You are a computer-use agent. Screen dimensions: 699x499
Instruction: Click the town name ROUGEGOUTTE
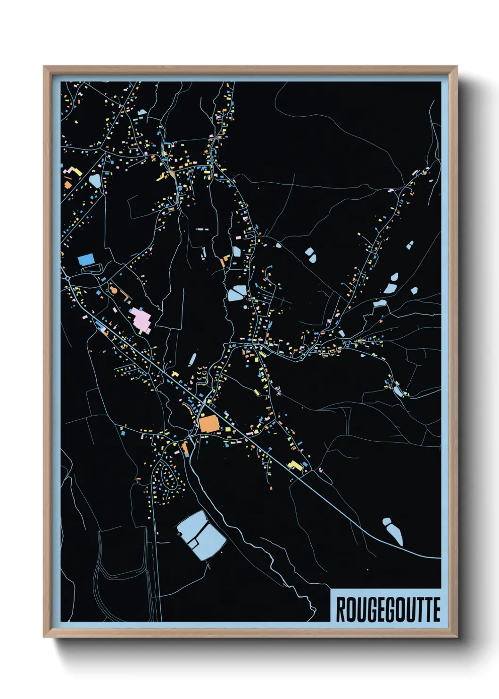coord(388,610)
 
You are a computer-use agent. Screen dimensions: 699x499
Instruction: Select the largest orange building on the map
coord(209,423)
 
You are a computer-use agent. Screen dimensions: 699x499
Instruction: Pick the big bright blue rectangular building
coord(86,259)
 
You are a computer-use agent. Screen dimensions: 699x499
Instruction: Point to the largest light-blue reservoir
coord(200,536)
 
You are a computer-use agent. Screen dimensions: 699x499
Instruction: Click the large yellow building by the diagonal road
coord(295,466)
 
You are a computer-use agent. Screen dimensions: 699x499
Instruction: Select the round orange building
coord(114,290)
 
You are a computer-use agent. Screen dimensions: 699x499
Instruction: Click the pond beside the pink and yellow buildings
coord(94,180)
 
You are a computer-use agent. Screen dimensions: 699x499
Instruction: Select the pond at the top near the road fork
coord(142,112)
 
